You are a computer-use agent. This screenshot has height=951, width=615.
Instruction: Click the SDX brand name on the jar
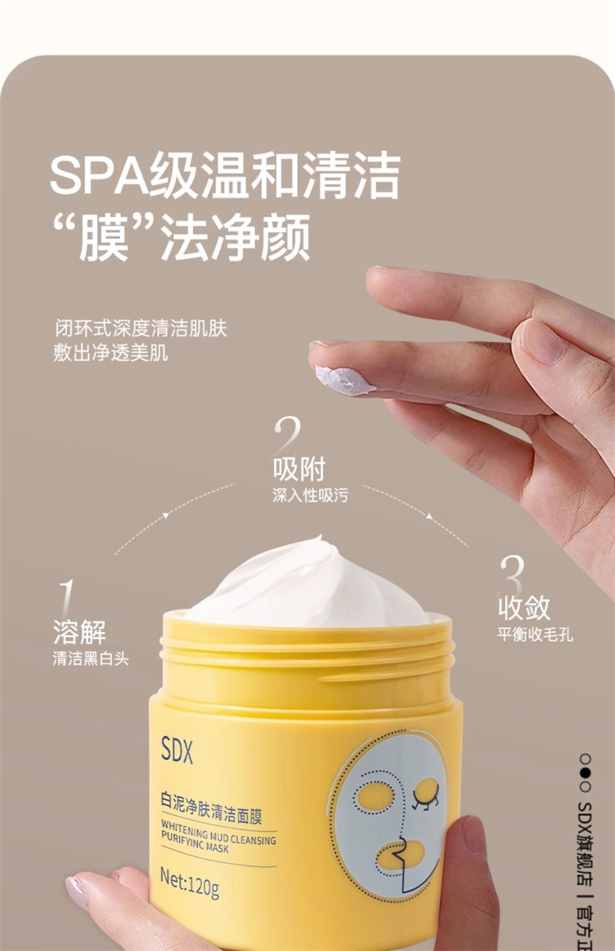tap(177, 750)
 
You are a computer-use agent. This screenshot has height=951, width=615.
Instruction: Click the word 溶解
tap(79, 632)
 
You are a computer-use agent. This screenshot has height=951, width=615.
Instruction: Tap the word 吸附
tap(299, 469)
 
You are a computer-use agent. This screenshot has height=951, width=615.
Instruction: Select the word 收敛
tap(524, 608)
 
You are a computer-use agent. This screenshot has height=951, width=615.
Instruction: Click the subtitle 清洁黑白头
tap(90, 659)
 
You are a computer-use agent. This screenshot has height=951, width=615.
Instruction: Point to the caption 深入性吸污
tap(310, 495)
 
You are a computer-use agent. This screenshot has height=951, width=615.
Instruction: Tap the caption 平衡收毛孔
tap(535, 634)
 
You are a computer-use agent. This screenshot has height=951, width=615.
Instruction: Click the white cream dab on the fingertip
tap(344, 380)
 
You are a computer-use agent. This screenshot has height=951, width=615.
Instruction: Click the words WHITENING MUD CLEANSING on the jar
tap(219, 833)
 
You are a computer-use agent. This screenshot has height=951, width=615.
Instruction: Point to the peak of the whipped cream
tap(320, 537)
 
